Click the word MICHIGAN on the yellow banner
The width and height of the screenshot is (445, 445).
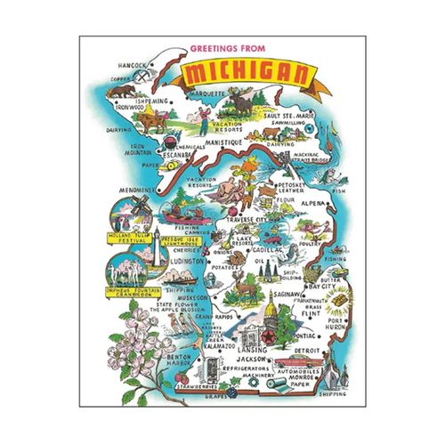pos(235,70)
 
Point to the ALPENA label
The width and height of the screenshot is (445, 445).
pos(311,202)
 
